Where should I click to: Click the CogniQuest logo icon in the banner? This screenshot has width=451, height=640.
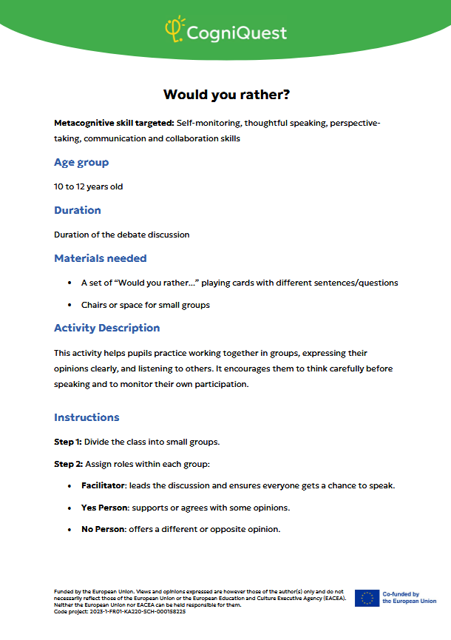(174, 29)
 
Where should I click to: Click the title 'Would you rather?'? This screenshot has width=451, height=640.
(226, 95)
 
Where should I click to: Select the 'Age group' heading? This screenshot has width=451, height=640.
(81, 162)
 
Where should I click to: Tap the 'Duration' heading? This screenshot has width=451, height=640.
(78, 210)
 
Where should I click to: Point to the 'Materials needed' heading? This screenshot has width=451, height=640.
(101, 258)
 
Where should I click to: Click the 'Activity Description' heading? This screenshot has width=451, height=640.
(107, 328)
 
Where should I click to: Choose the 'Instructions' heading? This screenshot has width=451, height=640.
(87, 417)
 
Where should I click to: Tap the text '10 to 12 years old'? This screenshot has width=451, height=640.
(89, 186)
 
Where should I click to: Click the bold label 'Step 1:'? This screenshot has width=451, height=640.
(69, 442)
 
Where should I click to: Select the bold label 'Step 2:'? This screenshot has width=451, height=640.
(69, 464)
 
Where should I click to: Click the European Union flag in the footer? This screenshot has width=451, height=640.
(367, 598)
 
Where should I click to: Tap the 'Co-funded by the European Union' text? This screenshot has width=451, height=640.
(409, 598)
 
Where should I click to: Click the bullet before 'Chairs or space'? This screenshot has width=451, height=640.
(68, 305)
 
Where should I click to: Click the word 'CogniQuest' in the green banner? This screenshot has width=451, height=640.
(237, 33)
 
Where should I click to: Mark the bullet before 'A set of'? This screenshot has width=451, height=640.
(68, 283)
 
